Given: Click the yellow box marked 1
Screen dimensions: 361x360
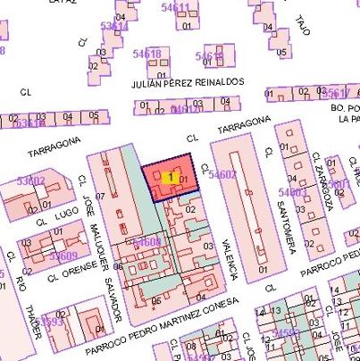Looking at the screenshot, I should (x=170, y=177).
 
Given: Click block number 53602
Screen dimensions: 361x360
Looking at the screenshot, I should (x=30, y=181).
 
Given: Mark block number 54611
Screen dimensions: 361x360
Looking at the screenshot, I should (x=175, y=8).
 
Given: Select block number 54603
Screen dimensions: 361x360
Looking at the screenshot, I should (x=292, y=192).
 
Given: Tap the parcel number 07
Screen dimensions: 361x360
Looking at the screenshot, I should (x=100, y=196).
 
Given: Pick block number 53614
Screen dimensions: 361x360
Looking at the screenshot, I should (x=114, y=27).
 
